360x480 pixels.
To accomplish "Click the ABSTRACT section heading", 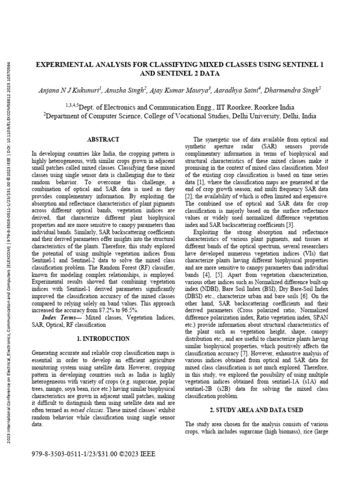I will tap(103, 140).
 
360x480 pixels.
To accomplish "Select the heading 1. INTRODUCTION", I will tap(103, 338).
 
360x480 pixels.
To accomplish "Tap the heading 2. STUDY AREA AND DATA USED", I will tap(256, 410).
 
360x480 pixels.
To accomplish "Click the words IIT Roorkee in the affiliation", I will tap(214, 106).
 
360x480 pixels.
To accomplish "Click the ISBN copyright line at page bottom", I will tap(93, 454).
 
